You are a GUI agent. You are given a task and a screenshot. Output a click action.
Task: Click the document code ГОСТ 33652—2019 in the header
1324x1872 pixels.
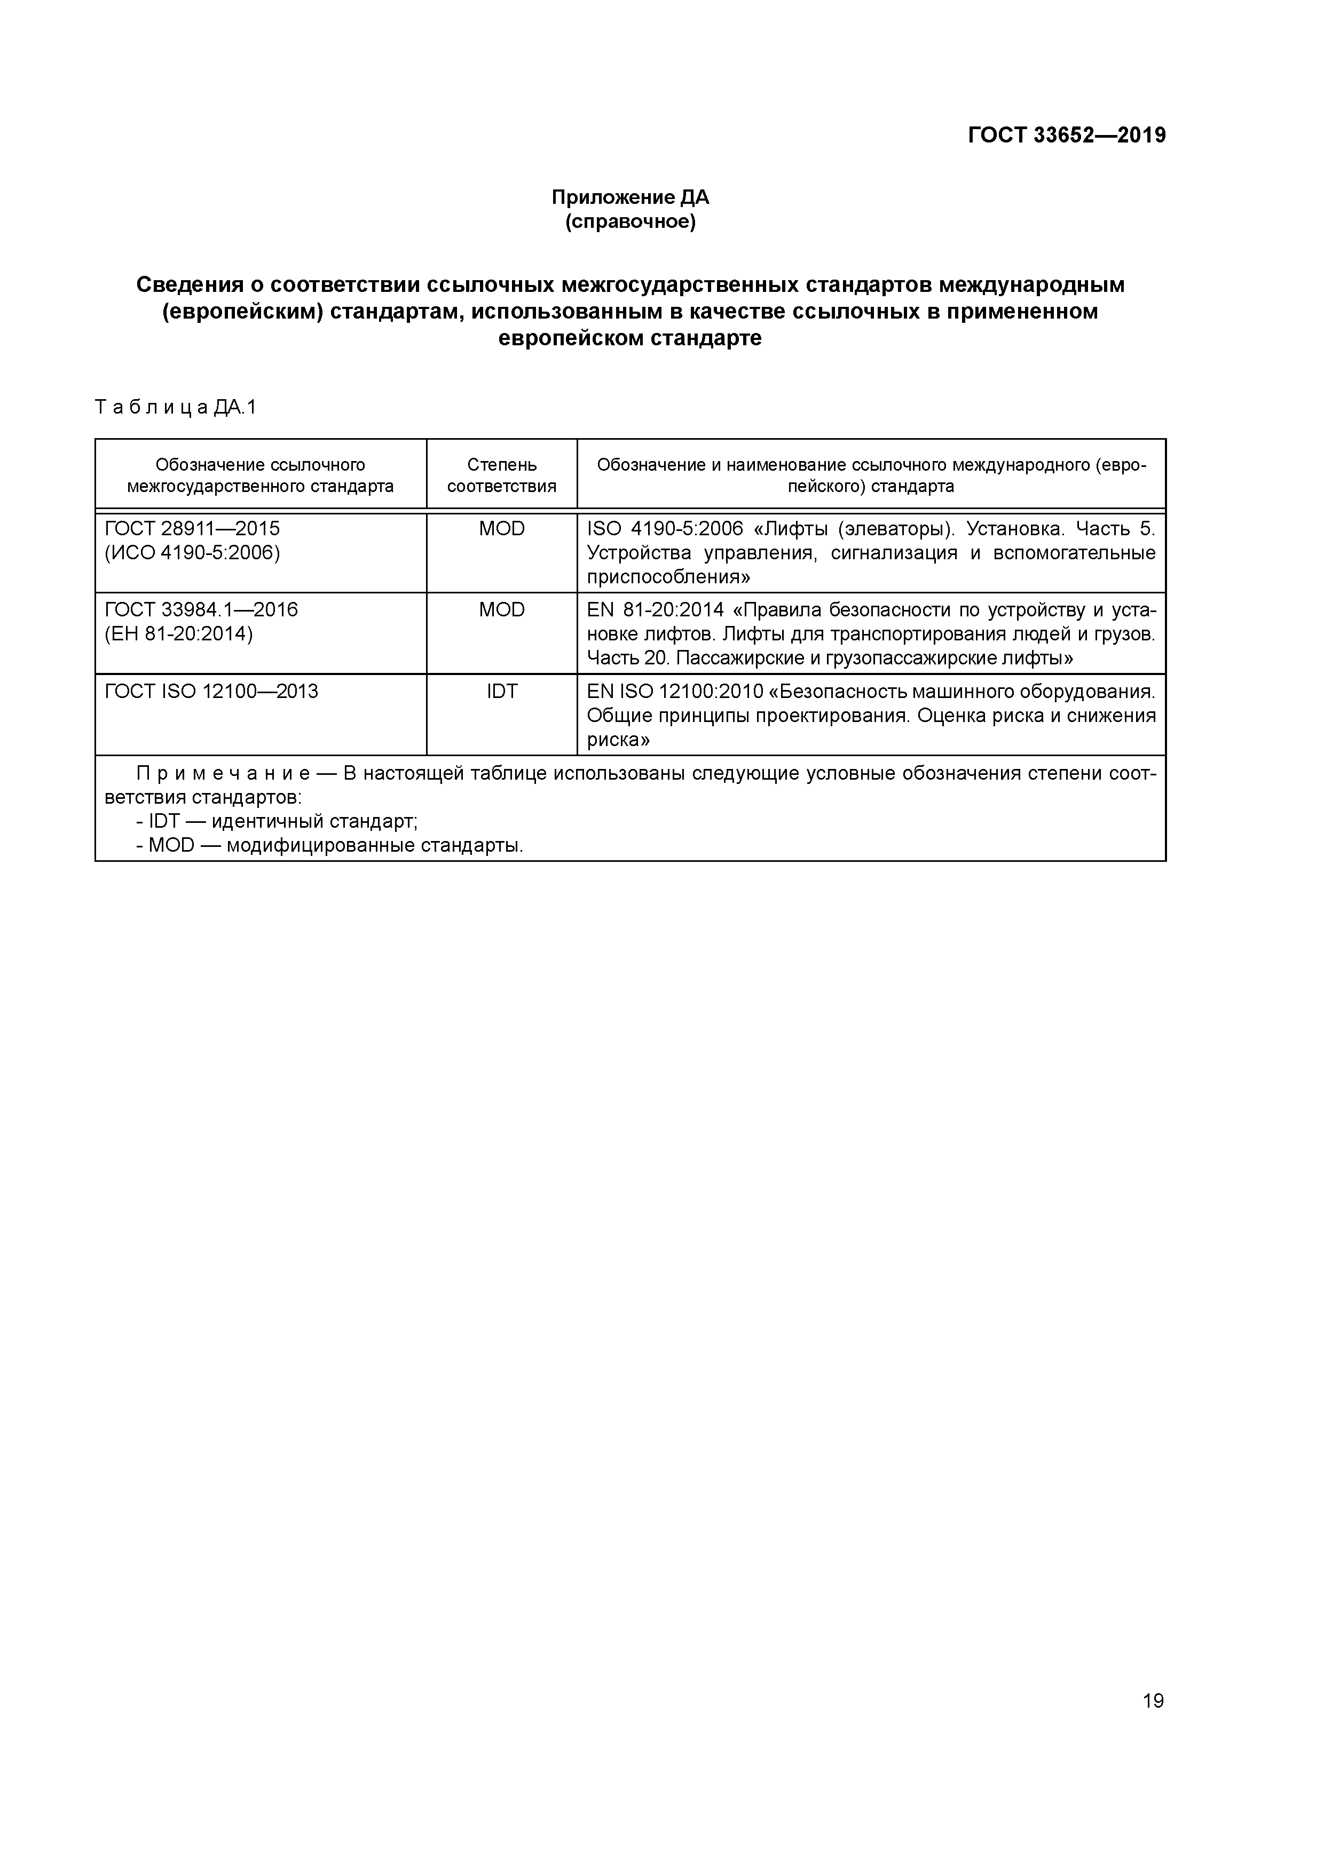point(1066,136)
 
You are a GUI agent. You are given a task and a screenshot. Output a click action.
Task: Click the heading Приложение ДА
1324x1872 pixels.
point(630,197)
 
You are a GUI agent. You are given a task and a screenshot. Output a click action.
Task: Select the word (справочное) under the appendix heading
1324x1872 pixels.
point(630,222)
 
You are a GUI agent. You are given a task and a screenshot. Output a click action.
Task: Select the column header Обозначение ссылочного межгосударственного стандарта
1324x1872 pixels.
point(260,475)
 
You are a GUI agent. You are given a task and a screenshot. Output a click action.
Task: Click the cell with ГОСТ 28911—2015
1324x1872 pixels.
point(192,528)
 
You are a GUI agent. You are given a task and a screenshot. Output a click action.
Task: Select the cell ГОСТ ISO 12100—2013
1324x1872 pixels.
point(211,692)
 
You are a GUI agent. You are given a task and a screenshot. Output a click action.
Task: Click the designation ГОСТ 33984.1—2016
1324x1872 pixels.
point(201,610)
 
